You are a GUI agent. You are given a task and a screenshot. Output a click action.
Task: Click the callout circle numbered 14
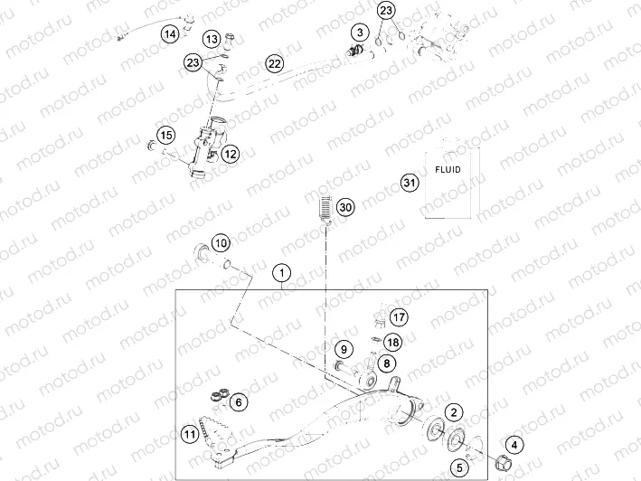(x=170, y=34)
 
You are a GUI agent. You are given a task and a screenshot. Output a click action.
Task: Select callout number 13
(x=211, y=40)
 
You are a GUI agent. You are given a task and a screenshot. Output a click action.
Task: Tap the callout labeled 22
(x=275, y=62)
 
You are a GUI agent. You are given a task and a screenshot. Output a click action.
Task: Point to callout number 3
(x=360, y=34)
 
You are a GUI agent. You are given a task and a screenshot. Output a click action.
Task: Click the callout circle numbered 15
(x=165, y=136)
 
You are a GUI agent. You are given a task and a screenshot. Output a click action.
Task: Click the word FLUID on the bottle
(x=447, y=169)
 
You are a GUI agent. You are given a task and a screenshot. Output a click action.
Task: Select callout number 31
(x=409, y=183)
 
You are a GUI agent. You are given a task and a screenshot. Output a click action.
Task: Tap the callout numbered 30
(x=345, y=207)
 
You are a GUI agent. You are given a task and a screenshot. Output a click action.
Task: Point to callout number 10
(x=222, y=242)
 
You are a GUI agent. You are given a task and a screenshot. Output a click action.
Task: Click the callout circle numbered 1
(x=283, y=271)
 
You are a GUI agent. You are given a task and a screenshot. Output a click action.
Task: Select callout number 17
(x=399, y=316)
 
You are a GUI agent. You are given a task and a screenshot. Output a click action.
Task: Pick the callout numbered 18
(x=392, y=342)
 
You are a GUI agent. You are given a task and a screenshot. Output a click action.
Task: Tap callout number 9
(x=344, y=349)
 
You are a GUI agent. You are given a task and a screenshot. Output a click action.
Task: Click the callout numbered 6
(x=238, y=401)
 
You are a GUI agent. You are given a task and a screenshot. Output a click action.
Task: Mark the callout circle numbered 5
(x=458, y=467)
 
